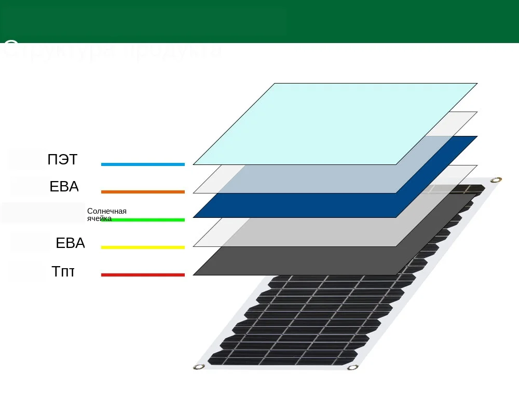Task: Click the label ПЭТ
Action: pos(62,160)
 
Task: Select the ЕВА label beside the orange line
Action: pos(64,187)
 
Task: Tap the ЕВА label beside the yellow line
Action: pos(70,243)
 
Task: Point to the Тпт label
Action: pos(63,271)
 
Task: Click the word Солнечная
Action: pos(107,211)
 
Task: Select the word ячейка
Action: pos(99,218)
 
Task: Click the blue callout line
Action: pos(143,164)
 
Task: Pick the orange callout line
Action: pos(143,192)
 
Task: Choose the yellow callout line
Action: pos(143,247)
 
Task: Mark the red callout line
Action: pos(143,275)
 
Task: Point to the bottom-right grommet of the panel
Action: pos(353,367)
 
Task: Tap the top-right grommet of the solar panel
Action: pos(496,180)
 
